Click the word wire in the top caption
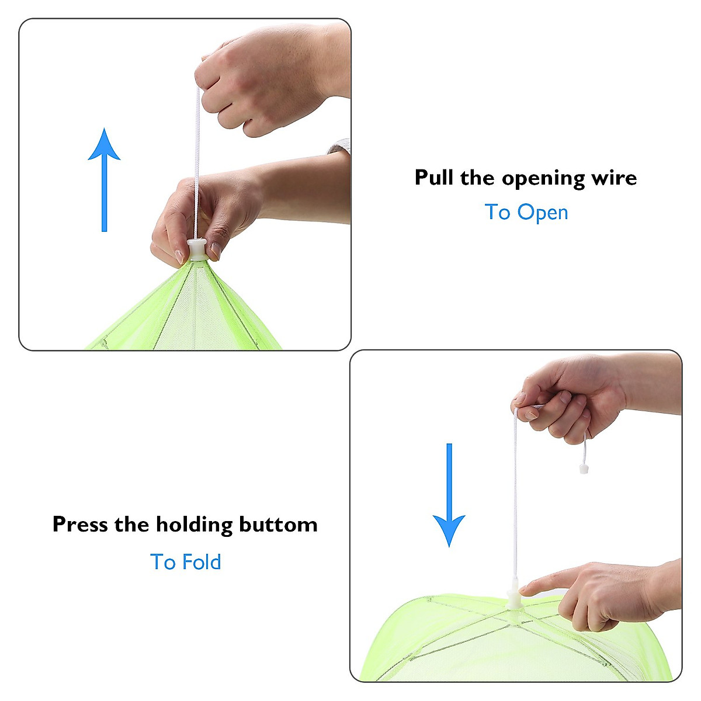[613, 178]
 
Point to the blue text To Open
[526, 213]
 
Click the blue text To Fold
[186, 562]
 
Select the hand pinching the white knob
[210, 210]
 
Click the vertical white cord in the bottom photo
[515, 497]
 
